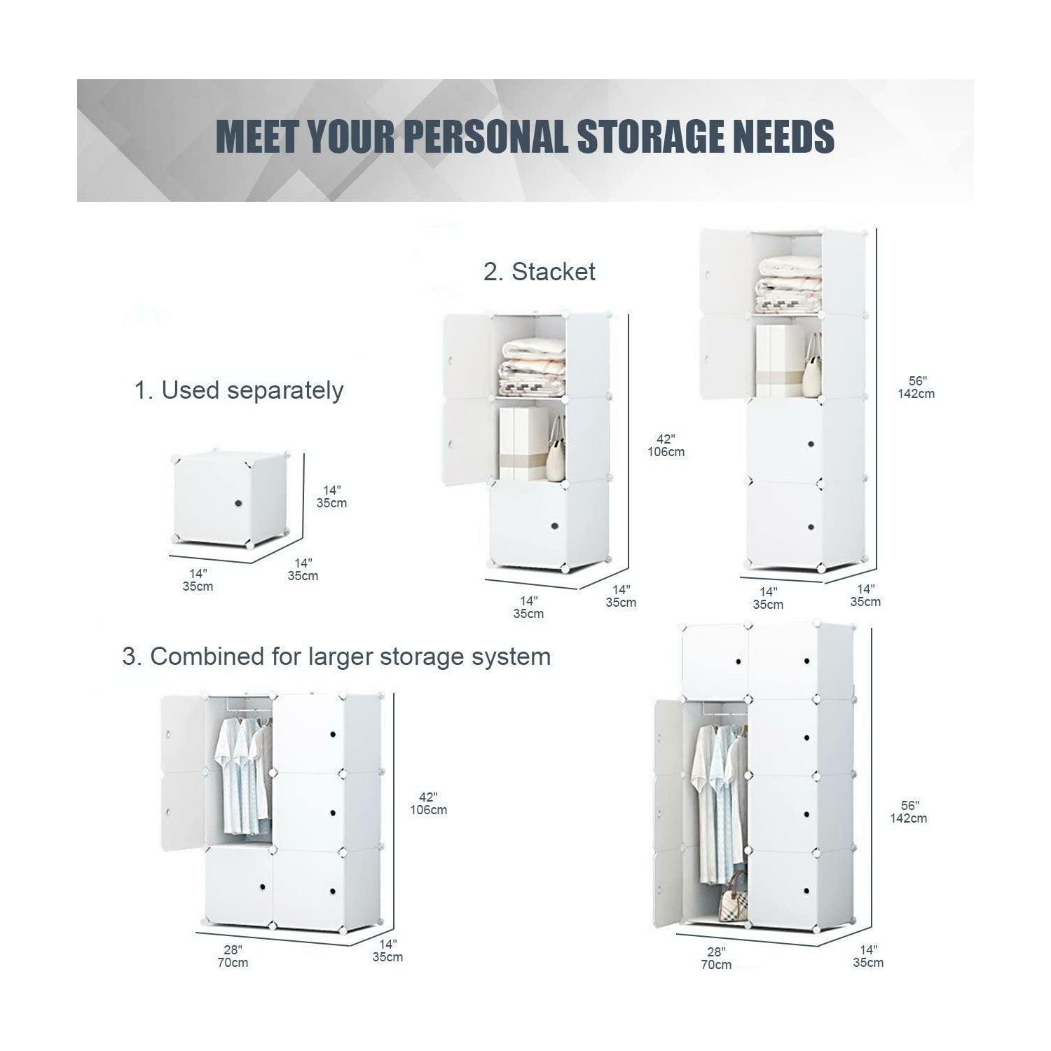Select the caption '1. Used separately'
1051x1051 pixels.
tap(238, 390)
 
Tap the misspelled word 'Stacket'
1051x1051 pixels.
tap(553, 272)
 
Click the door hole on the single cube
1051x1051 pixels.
tap(238, 503)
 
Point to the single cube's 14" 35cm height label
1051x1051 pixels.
tap(331, 497)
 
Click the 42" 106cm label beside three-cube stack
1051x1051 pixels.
tap(666, 446)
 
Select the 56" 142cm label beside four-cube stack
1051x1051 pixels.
tap(916, 387)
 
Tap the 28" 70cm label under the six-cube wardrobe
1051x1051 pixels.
tap(233, 956)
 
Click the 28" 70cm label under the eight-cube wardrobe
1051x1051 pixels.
tap(716, 959)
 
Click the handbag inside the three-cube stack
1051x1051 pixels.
tap(556, 450)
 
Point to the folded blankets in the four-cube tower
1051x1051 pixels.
tap(790, 284)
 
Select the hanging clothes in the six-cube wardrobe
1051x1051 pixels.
tap(243, 773)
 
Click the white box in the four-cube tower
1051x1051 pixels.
tap(779, 361)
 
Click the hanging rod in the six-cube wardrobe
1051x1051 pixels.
tap(242, 708)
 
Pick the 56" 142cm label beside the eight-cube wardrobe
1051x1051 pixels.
tap(909, 812)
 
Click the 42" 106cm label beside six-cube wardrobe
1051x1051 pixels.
tap(428, 804)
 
